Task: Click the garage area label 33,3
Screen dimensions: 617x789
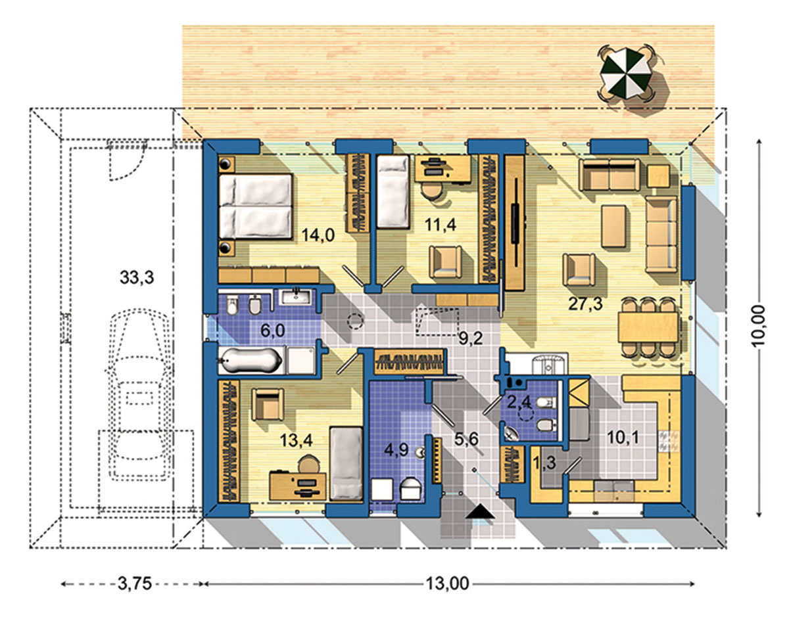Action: [x=137, y=277]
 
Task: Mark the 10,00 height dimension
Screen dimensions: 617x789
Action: [x=759, y=328]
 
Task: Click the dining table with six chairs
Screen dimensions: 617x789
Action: [x=648, y=327]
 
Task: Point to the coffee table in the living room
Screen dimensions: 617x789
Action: [x=614, y=226]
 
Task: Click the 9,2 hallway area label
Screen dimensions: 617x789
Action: [x=471, y=339]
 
